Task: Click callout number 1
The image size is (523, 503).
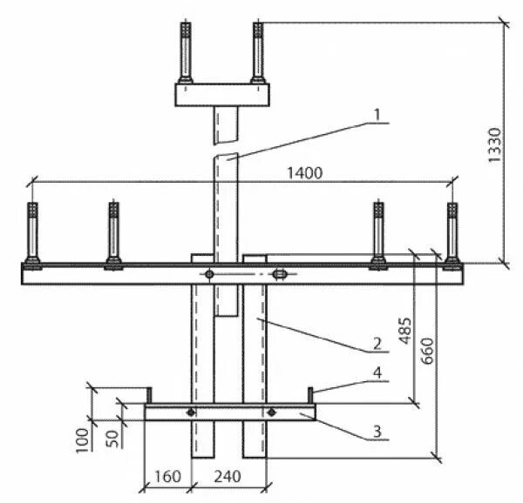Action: coord(376,115)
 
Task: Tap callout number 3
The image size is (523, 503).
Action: coord(376,431)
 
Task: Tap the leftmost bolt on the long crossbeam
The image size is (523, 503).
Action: coord(32,235)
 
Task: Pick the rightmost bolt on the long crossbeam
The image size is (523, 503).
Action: coord(452,235)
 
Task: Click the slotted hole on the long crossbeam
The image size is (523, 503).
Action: coord(279,275)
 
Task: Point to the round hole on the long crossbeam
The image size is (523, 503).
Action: coord(210,275)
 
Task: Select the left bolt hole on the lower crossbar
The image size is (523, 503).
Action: coord(192,412)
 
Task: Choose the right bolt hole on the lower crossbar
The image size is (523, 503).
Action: coord(272,412)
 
